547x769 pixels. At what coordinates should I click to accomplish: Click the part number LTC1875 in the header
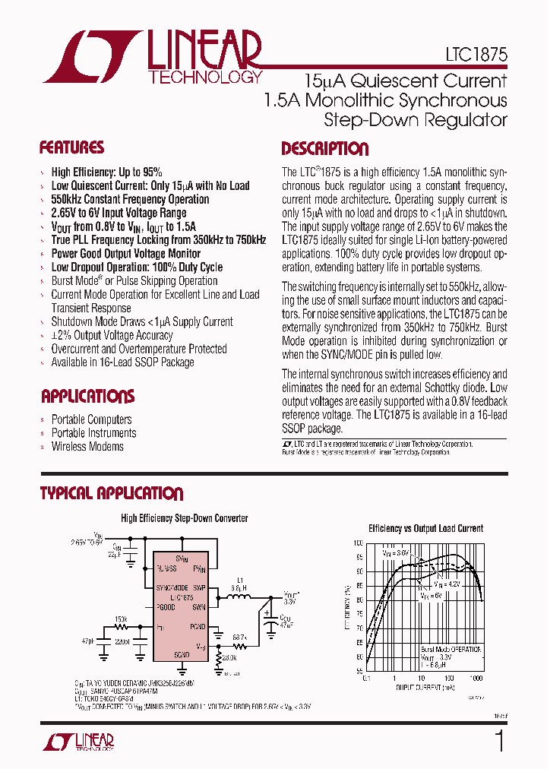tap(476, 55)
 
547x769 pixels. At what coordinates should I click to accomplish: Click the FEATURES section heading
tap(71, 147)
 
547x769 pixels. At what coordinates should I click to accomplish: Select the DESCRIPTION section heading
tap(324, 149)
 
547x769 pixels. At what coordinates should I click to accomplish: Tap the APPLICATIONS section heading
tap(87, 396)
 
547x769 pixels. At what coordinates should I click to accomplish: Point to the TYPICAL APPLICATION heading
tap(111, 494)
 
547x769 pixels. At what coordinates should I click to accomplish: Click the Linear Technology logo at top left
tap(152, 57)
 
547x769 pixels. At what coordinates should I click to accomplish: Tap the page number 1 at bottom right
tap(498, 741)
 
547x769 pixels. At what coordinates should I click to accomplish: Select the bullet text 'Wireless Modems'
tap(87, 447)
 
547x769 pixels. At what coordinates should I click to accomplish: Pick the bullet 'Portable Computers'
tap(91, 419)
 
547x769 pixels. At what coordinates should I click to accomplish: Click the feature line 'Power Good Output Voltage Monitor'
tap(125, 254)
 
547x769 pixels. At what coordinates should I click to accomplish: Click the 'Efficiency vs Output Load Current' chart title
tap(425, 528)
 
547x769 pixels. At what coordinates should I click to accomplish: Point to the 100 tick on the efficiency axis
tap(358, 543)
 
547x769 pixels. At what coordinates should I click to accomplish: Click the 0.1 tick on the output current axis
tap(367, 677)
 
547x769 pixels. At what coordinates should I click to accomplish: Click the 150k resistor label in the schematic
tap(121, 619)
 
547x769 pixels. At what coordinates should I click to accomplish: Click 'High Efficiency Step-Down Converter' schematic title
tap(185, 518)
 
